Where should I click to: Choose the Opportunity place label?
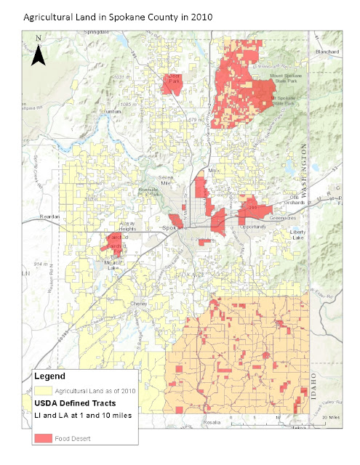point(253,227)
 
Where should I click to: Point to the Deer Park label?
point(173,78)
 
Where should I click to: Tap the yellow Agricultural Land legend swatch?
point(43,391)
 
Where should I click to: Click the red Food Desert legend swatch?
point(43,438)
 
